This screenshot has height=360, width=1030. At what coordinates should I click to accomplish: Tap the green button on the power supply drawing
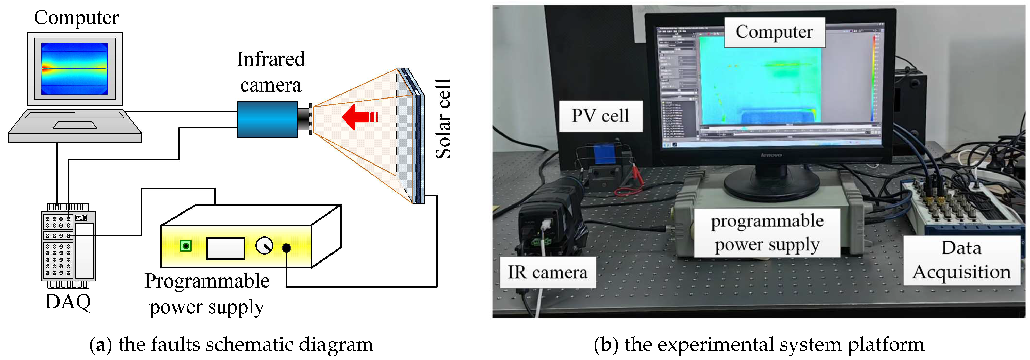[x=186, y=246]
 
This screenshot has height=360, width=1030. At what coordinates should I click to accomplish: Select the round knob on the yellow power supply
[x=264, y=246]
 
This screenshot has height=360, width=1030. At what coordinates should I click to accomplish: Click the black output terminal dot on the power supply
[x=286, y=248]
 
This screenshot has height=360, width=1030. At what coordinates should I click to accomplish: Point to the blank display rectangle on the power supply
[x=226, y=248]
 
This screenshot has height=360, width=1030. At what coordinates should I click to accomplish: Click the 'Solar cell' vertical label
[x=443, y=119]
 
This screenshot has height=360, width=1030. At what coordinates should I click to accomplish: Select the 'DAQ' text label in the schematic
[x=68, y=302]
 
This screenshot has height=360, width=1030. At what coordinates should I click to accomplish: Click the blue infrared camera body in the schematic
[x=267, y=119]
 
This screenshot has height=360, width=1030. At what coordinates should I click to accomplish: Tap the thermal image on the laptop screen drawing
[x=75, y=68]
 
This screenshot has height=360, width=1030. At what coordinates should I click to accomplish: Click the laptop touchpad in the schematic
[x=75, y=125]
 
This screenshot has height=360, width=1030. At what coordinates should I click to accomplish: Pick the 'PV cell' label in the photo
[x=600, y=116]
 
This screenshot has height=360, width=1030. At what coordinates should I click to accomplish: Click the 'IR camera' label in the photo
[x=547, y=272]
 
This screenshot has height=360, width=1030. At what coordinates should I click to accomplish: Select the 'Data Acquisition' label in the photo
[x=961, y=260]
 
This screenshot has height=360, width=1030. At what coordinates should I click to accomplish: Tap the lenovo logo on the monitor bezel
[x=771, y=155]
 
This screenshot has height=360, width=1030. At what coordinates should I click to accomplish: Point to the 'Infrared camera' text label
[x=271, y=72]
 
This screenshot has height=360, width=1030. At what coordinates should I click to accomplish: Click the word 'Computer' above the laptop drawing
[x=76, y=18]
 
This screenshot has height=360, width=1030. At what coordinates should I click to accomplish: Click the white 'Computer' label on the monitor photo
[x=774, y=32]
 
